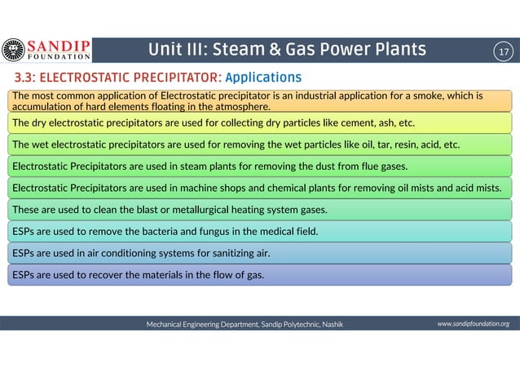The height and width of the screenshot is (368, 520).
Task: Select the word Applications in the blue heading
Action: click(262, 78)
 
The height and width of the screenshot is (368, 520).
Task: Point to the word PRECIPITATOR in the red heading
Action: click(174, 78)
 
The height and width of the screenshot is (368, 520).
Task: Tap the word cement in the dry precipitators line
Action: click(343, 123)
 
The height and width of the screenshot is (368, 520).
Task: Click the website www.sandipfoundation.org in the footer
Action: click(473, 324)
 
